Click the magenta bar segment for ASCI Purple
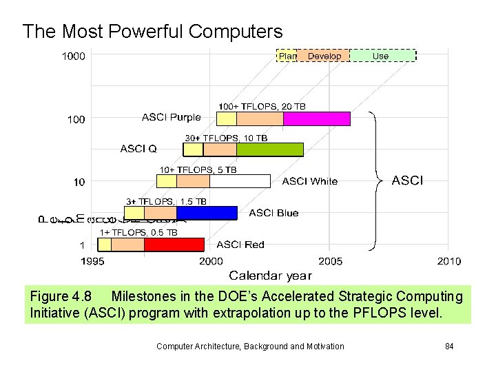point(316,118)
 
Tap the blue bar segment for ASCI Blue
point(206,213)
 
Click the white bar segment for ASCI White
point(240,181)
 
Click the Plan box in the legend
point(287,56)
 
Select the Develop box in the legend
point(323,56)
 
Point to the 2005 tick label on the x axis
point(330,261)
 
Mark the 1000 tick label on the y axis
point(74,56)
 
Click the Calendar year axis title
point(270,276)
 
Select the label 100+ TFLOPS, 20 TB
point(262,106)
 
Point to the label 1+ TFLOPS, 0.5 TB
point(138,233)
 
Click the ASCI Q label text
point(138,148)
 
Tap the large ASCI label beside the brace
point(408,180)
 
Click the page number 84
point(448,346)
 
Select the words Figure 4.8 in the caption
point(61,297)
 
